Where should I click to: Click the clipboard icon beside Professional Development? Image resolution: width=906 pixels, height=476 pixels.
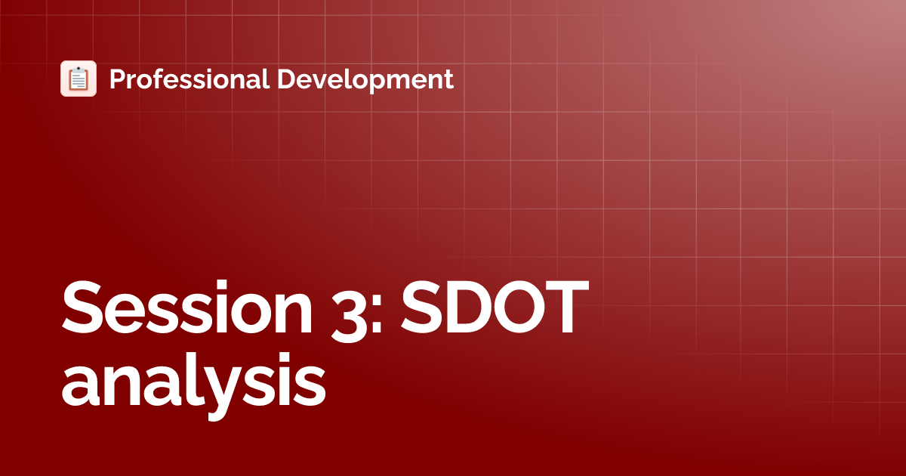(79, 79)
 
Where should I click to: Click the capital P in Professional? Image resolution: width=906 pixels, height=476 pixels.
(117, 79)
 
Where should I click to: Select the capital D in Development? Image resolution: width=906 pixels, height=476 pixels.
(285, 79)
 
